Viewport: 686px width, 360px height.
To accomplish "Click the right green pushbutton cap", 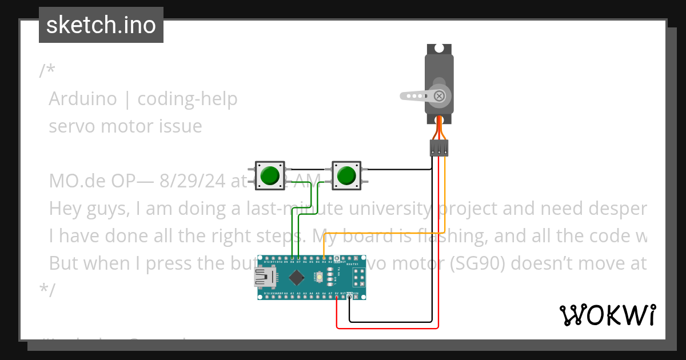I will (346, 175).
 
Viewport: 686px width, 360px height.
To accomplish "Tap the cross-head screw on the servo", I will (439, 96).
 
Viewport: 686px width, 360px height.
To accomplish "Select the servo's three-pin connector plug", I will (439, 148).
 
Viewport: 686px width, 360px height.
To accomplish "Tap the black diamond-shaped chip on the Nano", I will (297, 278).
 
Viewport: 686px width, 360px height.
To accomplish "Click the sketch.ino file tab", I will (101, 25).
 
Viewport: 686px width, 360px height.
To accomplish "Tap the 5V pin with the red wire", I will (337, 295).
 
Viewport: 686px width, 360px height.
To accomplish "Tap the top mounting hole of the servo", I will (439, 49).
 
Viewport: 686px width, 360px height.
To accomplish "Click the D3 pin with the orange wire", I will (324, 259).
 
